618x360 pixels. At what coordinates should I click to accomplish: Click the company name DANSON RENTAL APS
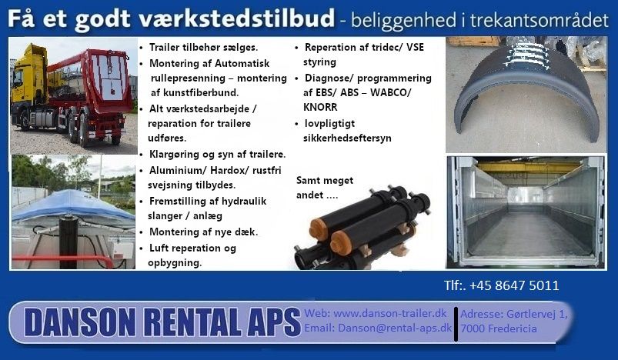point(162,322)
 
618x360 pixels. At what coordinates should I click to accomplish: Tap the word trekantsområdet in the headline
point(539,20)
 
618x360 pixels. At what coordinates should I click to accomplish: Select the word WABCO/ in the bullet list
point(390,92)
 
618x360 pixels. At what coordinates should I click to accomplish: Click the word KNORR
point(320,107)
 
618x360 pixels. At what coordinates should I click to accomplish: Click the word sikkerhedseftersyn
point(347,138)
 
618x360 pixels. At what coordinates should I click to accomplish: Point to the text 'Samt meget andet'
point(325,188)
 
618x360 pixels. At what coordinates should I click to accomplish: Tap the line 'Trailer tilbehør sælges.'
point(203,47)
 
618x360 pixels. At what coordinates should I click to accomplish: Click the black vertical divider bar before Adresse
point(456,324)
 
